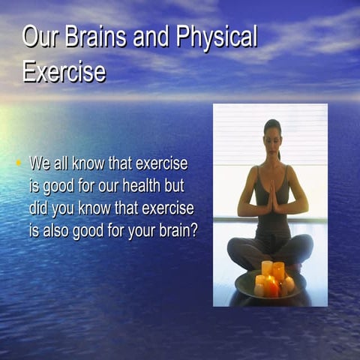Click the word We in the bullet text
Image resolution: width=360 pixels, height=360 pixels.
coord(40,163)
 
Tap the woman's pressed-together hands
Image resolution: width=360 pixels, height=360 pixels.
coord(274,197)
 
